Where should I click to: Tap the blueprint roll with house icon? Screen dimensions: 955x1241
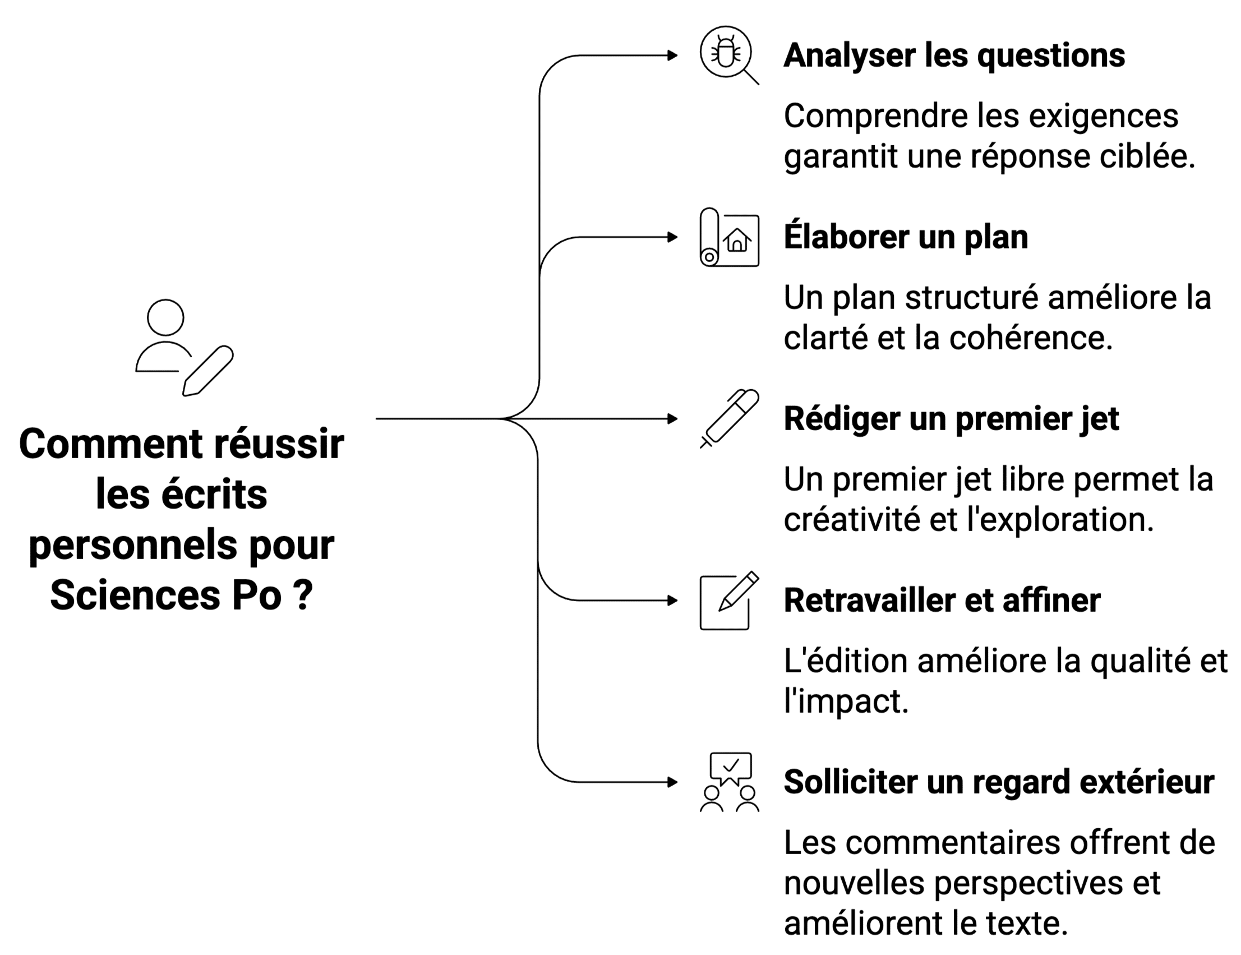tap(729, 237)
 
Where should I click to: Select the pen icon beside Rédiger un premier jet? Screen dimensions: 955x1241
tap(730, 419)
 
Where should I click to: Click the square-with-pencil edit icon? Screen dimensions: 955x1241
tap(729, 601)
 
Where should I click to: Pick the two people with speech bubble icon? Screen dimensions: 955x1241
tap(730, 782)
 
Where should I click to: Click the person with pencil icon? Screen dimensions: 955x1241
tap(183, 348)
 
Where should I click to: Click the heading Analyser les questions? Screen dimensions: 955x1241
tap(953, 56)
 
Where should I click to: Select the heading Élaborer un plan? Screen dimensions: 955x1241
tap(906, 237)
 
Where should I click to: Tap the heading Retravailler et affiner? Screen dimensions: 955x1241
tap(942, 601)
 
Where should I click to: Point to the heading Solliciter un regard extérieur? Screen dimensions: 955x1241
tap(998, 782)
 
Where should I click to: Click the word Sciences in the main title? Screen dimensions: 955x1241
tap(135, 596)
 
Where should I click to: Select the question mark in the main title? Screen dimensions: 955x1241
tap(303, 596)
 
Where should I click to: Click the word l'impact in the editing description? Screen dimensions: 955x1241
tap(846, 702)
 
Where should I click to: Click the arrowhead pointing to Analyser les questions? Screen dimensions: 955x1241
tap(673, 56)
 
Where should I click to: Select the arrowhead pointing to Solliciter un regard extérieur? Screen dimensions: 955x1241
tap(673, 782)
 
